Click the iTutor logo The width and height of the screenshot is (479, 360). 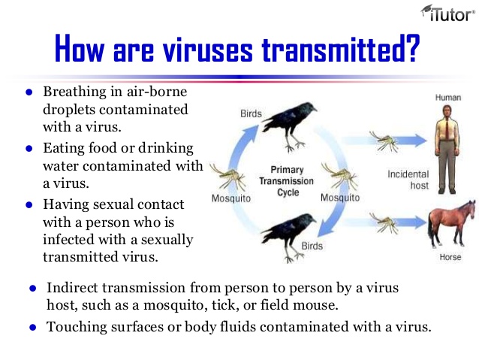click(447, 14)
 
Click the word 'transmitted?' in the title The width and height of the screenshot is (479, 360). click(341, 49)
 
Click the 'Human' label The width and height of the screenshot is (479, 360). click(447, 98)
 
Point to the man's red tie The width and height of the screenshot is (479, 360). click(447, 128)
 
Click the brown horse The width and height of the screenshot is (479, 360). click(451, 223)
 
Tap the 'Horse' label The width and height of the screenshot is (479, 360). click(450, 257)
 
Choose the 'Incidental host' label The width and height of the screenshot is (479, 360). click(408, 180)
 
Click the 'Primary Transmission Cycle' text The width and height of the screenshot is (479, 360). click(286, 181)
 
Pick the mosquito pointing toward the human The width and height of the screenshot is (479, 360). click(384, 141)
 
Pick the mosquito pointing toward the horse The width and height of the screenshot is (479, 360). click(384, 223)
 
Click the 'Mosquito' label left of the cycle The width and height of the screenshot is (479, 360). click(231, 198)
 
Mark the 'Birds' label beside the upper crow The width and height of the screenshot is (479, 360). click(251, 113)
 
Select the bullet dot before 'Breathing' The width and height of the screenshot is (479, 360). click(29, 92)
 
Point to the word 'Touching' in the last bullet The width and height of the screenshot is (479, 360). click(77, 327)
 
